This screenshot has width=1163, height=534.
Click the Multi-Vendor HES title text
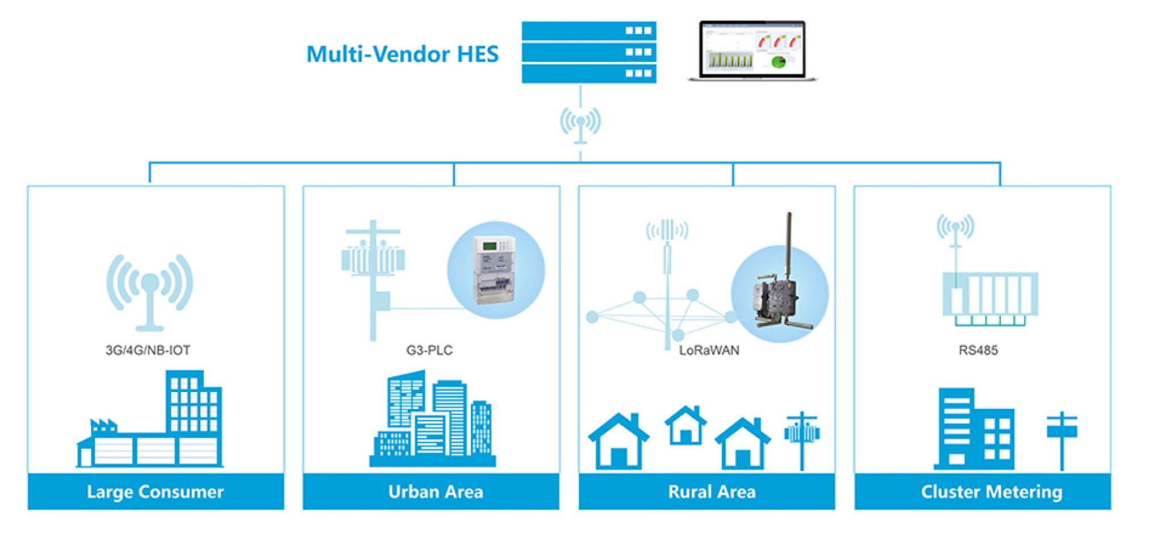[402, 54]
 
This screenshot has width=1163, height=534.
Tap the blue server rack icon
[589, 52]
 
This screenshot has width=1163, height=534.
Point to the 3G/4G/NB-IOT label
[148, 350]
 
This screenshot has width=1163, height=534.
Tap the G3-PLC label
[429, 350]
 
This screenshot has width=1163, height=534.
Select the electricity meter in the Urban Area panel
[496, 270]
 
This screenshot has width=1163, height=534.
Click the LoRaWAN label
[709, 350]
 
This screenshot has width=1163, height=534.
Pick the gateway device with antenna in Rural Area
[779, 290]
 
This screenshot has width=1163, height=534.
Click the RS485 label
[978, 350]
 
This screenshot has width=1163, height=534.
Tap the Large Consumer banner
[156, 491]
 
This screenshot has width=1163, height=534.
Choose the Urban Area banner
[436, 491]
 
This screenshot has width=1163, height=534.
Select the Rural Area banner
[712, 491]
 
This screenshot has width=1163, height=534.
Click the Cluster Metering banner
[992, 491]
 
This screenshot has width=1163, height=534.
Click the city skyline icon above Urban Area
[433, 420]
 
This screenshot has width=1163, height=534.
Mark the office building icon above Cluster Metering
[974, 429]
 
